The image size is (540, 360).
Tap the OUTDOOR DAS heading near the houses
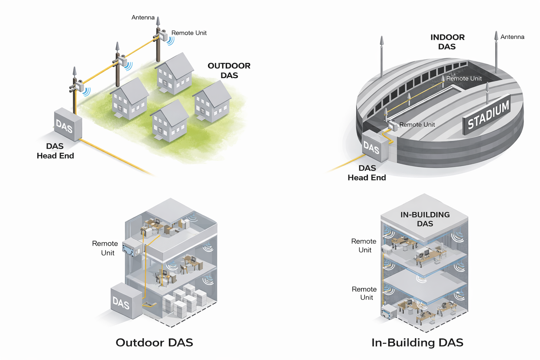pos(229,70)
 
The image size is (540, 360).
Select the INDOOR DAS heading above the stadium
pos(447,42)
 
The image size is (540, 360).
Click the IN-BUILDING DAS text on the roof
pos(425,219)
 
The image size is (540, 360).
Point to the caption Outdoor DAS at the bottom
pos(154,342)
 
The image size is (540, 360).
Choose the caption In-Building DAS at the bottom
pos(417,342)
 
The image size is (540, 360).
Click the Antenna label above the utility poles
pos(143,17)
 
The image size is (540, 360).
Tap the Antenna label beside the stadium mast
pos(512,37)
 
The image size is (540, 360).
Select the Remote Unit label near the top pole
pos(189,33)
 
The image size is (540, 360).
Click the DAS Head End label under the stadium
pos(367,173)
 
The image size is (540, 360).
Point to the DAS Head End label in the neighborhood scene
pos(55,151)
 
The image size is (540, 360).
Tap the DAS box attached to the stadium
pos(375,147)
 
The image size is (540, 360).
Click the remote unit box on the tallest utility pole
pos(162,36)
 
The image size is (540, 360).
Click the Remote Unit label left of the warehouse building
pos(105,248)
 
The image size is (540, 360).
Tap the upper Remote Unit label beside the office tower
pos(364,245)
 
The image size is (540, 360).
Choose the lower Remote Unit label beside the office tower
pos(364,293)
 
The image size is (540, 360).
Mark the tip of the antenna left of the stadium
pos(382,37)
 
